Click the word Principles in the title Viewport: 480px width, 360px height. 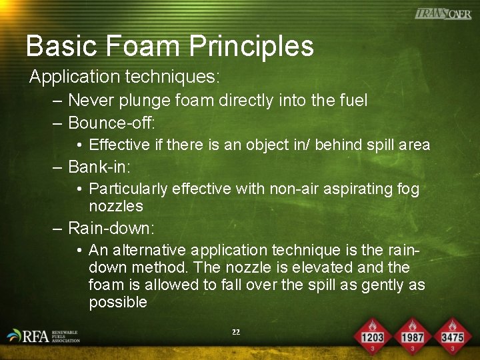251,46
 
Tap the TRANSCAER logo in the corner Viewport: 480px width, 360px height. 443,13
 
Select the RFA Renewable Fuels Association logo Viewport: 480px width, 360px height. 43,336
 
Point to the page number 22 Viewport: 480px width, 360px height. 236,331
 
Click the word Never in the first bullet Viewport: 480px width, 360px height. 89,101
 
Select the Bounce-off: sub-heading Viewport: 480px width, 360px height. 111,123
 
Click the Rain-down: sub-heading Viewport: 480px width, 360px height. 111,229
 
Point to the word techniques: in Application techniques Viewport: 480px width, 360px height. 171,77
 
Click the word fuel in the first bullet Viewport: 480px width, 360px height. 353,101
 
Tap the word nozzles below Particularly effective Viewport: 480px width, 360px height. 116,206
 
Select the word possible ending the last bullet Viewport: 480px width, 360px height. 118,302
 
